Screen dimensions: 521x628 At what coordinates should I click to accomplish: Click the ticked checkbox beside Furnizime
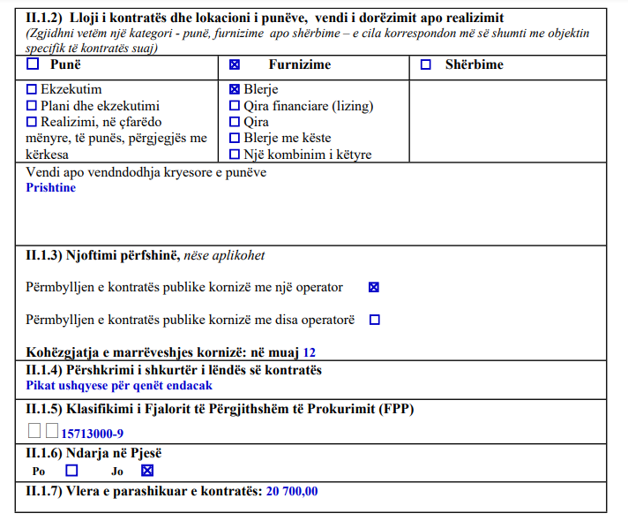tap(235, 64)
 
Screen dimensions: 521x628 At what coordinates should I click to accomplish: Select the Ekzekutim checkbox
tap(33, 89)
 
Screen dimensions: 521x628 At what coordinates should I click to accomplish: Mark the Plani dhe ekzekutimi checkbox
tap(33, 105)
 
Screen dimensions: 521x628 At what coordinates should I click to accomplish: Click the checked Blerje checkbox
tap(235, 89)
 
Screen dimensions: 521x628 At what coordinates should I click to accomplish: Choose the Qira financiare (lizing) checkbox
tap(235, 106)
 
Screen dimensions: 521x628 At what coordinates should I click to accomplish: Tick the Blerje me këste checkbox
tap(235, 138)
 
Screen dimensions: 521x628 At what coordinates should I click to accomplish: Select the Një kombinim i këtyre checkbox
tap(235, 155)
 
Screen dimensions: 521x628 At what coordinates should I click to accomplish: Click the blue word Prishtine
tap(51, 187)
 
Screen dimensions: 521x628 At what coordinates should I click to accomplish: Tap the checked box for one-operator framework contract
tap(374, 287)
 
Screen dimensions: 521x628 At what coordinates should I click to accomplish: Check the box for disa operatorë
tap(374, 320)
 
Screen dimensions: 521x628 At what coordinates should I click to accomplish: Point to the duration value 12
tap(309, 351)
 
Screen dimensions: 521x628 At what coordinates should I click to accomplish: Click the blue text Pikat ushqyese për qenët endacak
tap(119, 385)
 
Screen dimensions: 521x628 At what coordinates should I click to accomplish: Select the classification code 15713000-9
tap(92, 434)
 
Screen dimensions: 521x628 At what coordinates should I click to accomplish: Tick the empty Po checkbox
tap(72, 471)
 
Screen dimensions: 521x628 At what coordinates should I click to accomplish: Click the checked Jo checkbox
tap(147, 471)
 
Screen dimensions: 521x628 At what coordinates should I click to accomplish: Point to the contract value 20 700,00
tap(292, 491)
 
